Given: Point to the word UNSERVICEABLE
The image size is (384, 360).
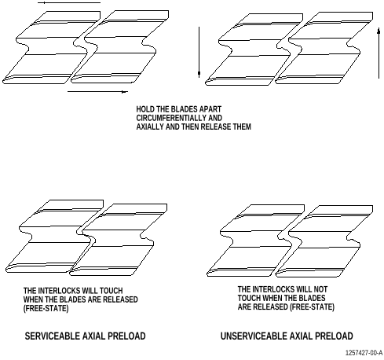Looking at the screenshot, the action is pos(252,336).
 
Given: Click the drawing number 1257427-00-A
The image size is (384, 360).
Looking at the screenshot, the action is pos(364,353).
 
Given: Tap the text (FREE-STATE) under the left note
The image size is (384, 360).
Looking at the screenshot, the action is pos(46,308).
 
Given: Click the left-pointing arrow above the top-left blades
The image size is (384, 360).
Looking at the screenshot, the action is pos(69,3).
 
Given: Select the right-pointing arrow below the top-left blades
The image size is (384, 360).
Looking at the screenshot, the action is pos(98,92).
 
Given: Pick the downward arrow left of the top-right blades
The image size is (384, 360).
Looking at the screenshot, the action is pos(199,52).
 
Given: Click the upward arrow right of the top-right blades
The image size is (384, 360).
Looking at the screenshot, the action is pos(379,53).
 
